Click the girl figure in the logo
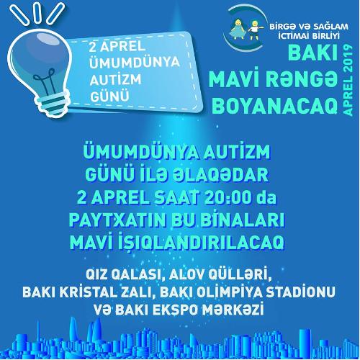click(238, 30)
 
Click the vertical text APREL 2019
click(348, 80)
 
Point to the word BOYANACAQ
click(275, 106)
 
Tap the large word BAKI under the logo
click(312, 53)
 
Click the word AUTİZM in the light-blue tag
click(115, 80)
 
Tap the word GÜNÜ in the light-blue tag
click(109, 96)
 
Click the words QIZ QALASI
click(125, 275)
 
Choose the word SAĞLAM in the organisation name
click(329, 27)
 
